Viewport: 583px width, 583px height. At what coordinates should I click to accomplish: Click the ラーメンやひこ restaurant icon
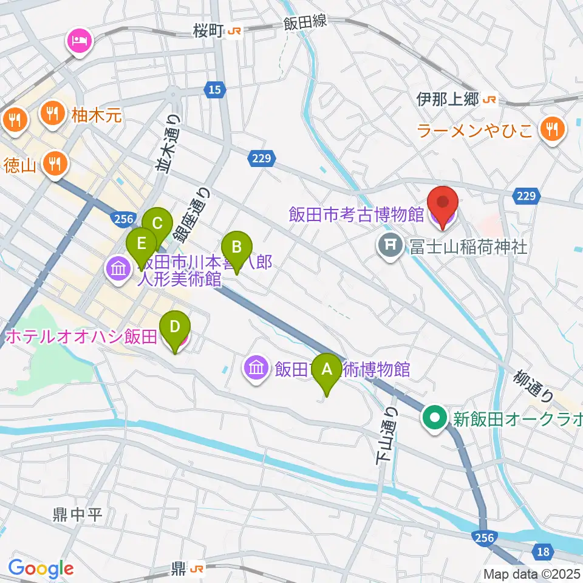click(x=552, y=128)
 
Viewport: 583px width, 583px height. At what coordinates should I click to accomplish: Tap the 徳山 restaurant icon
click(x=55, y=163)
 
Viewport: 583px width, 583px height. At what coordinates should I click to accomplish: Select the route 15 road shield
click(x=214, y=90)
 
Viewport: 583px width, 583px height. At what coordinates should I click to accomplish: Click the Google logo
click(x=41, y=568)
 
